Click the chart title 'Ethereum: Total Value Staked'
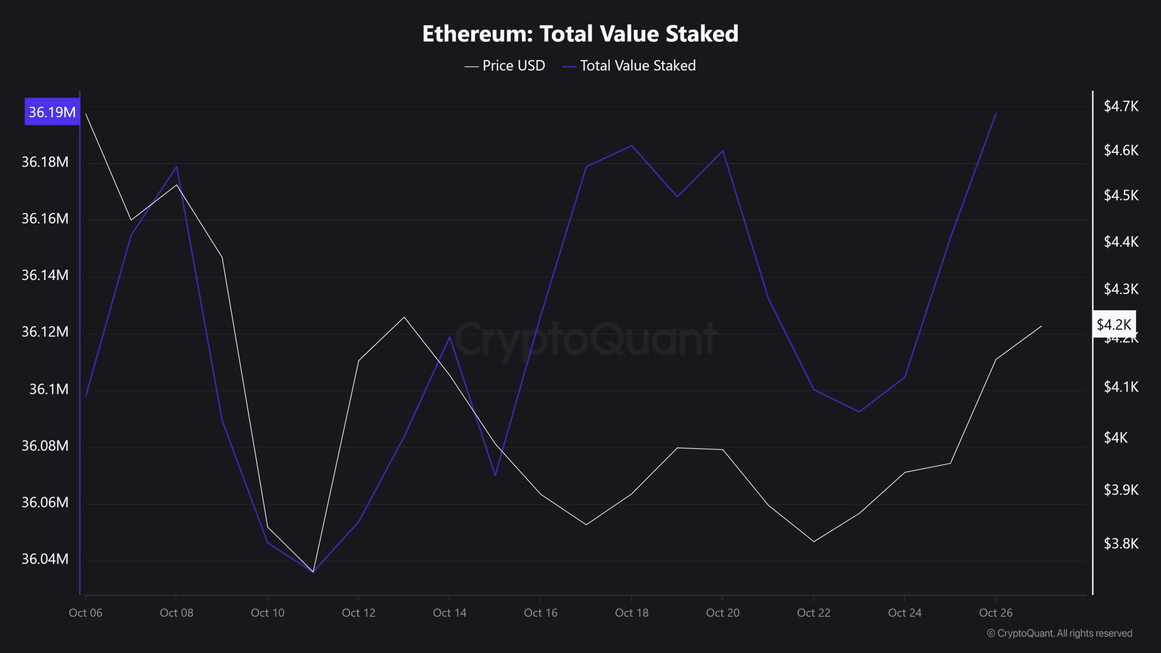(580, 34)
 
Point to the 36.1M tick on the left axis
(49, 389)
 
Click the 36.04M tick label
(45, 559)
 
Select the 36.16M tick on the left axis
(45, 219)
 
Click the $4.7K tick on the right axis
(1121, 107)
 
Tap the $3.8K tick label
(1121, 543)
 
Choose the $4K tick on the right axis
(1115, 437)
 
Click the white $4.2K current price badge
(1114, 324)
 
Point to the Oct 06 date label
(85, 613)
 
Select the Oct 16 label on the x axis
(541, 613)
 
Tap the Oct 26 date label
(995, 613)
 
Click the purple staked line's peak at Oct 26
(995, 113)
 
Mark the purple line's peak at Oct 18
(632, 146)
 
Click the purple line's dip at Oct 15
(495, 475)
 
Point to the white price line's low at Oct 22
(814, 541)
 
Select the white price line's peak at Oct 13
(404, 317)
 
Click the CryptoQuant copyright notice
(1059, 634)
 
